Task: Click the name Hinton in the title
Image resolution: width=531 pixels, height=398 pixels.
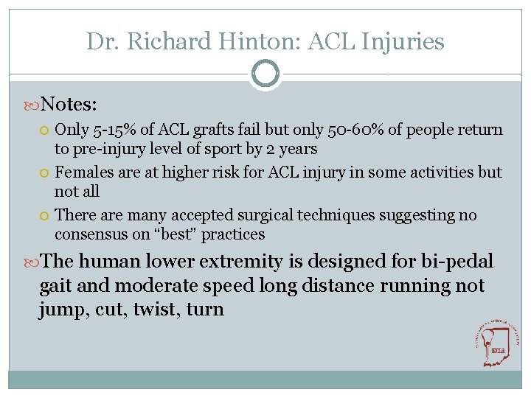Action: (260, 41)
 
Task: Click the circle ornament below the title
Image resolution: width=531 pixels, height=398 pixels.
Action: (265, 74)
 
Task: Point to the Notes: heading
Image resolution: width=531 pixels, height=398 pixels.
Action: (70, 102)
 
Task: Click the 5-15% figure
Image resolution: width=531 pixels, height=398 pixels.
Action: (113, 130)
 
